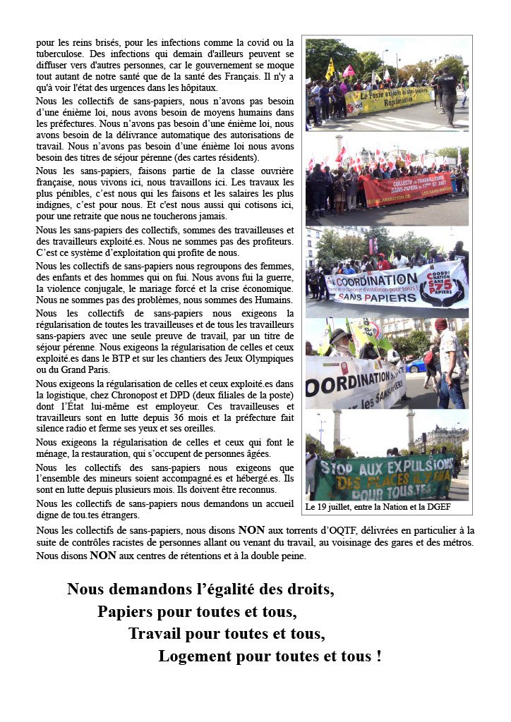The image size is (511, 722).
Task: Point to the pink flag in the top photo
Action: coord(349,71)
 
